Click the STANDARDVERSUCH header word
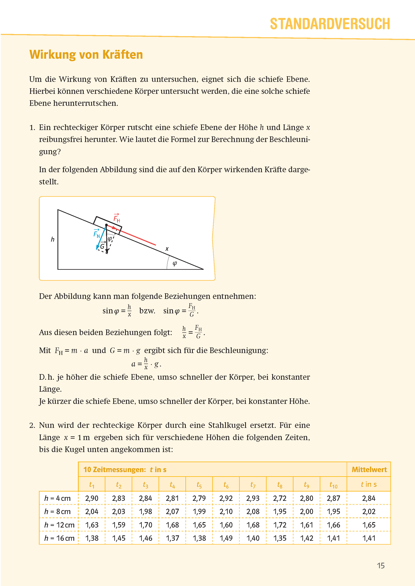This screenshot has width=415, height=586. (x=330, y=24)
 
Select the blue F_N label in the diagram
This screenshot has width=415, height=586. (x=97, y=234)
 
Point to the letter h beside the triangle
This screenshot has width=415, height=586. (x=53, y=239)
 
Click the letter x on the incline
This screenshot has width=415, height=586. (x=167, y=249)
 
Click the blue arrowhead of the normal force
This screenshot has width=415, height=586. (x=98, y=247)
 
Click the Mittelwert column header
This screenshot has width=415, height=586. (x=369, y=469)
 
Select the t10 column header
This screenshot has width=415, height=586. (x=333, y=485)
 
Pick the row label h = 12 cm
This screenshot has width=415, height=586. (x=59, y=525)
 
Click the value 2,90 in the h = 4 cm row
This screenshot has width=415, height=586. (x=92, y=498)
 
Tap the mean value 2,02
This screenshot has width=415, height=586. (x=368, y=511)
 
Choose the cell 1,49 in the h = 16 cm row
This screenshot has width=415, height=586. (x=226, y=538)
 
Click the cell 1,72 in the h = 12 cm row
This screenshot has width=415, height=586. (x=280, y=525)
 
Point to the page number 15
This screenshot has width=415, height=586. (x=380, y=566)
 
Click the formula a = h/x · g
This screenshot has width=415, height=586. (x=146, y=364)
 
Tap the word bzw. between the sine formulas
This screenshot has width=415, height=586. (x=147, y=311)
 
